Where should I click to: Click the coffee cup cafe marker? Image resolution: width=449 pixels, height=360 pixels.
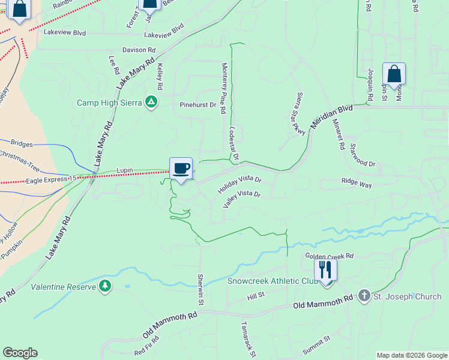(x=181, y=168)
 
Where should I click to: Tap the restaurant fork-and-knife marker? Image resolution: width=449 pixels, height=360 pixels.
(x=326, y=269)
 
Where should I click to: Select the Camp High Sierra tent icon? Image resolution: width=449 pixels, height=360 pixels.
(x=152, y=103)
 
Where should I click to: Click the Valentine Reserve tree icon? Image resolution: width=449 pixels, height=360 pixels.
(x=106, y=286)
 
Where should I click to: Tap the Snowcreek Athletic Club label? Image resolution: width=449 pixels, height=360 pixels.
(x=272, y=281)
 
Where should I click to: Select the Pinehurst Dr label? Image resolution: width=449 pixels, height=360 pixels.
(x=197, y=105)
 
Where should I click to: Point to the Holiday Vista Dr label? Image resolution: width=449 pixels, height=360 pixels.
(x=240, y=184)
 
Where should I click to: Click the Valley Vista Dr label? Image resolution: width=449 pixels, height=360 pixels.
(x=241, y=198)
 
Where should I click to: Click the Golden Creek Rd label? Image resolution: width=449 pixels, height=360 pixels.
(x=330, y=256)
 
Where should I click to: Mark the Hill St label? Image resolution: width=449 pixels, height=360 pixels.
(x=256, y=296)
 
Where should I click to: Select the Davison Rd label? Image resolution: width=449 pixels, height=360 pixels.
(x=139, y=50)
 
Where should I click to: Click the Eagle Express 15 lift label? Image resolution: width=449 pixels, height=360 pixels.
(x=51, y=179)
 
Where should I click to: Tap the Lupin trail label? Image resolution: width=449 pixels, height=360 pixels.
(x=124, y=170)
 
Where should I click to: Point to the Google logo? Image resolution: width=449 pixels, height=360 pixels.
(x=20, y=353)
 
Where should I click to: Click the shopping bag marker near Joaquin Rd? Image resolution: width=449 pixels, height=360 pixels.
(x=394, y=74)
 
